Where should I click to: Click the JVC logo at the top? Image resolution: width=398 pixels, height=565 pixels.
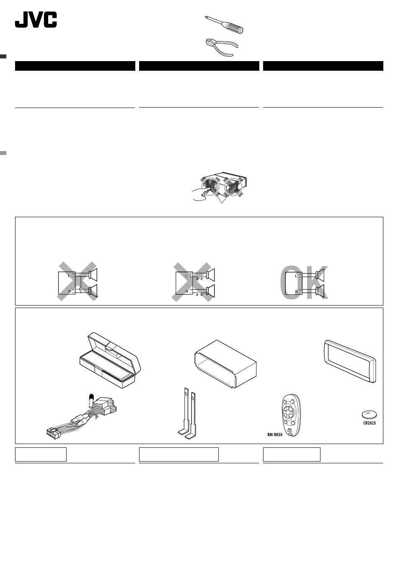click(x=36, y=20)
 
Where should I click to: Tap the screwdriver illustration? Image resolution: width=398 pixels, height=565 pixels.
click(x=224, y=25)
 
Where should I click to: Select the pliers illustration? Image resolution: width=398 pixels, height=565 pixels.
click(x=222, y=47)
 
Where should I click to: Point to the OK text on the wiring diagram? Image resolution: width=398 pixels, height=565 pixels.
click(x=304, y=282)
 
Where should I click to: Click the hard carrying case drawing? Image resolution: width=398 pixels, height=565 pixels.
click(x=110, y=360)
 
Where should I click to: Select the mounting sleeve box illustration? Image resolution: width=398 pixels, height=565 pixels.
click(x=225, y=364)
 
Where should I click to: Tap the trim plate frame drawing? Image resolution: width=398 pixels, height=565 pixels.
click(x=350, y=361)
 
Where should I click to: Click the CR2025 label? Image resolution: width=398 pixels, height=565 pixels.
click(x=370, y=423)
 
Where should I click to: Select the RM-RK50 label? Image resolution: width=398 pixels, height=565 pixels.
click(x=275, y=434)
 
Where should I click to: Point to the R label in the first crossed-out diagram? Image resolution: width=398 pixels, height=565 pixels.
click(x=69, y=291)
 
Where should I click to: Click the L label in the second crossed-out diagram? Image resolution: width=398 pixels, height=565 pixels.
click(x=186, y=276)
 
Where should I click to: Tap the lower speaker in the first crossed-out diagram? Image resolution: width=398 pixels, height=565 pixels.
click(x=93, y=291)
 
